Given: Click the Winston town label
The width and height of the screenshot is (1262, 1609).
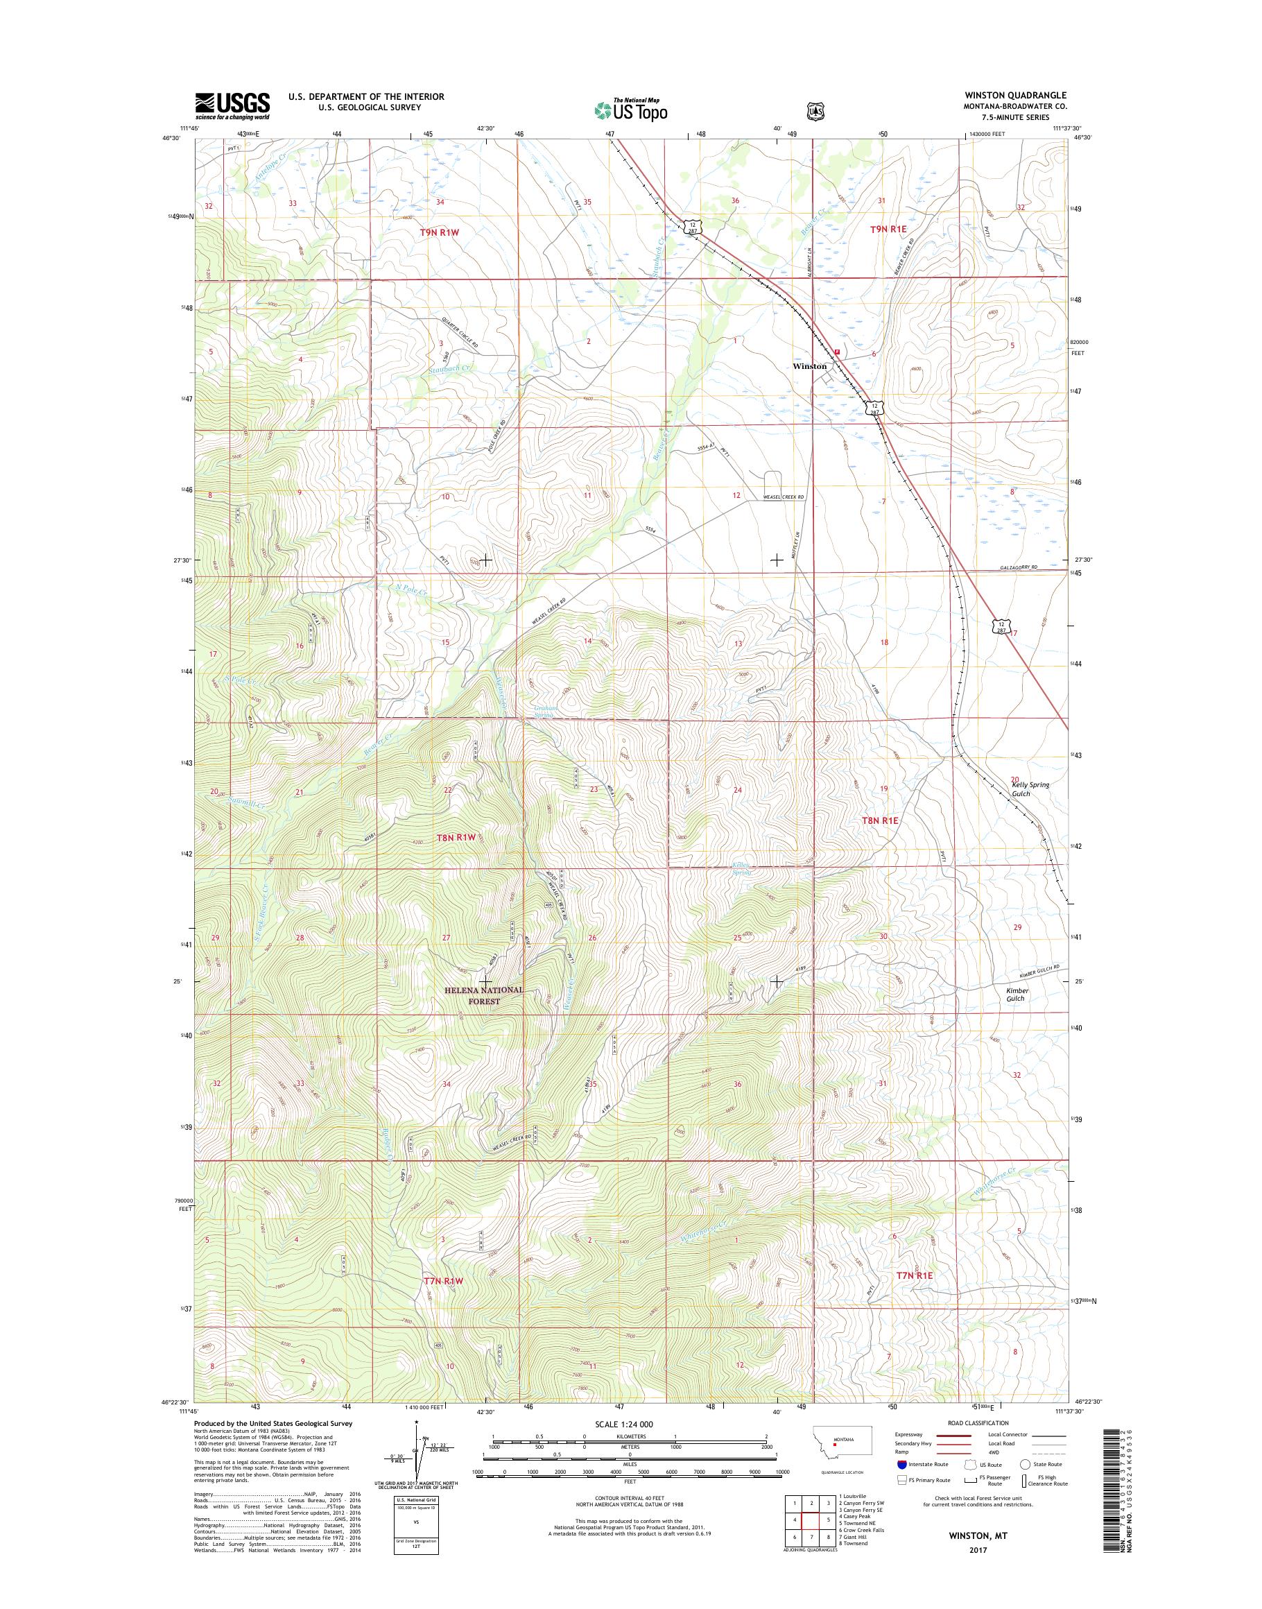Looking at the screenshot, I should tap(809, 366).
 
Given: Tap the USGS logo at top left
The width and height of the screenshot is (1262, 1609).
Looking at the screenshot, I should tap(232, 105).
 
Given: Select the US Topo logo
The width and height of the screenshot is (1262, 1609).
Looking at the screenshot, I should tap(630, 110).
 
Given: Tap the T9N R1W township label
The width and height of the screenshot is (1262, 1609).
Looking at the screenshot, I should tap(440, 232).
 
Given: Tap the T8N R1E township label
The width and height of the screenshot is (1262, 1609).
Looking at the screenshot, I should tap(881, 821).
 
